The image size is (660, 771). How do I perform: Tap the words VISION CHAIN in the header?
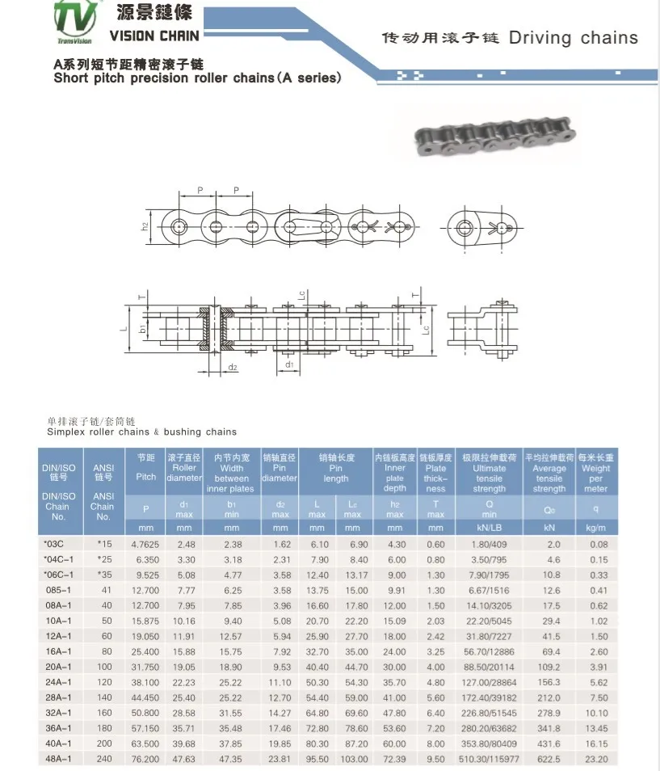pos(153,36)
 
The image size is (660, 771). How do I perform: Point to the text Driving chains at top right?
pos(573,38)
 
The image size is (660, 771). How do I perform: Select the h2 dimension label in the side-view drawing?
pos(145,226)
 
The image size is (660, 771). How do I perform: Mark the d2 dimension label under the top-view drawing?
pos(232,368)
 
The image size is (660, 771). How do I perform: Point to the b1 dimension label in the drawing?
pos(143,330)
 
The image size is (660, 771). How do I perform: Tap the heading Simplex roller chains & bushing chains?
pos(141,432)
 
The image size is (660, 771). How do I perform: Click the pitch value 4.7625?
pos(145,544)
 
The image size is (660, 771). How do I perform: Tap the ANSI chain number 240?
pos(103,759)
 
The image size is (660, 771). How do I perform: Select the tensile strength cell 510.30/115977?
pos(489,759)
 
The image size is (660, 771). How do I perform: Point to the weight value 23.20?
pos(595,759)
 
